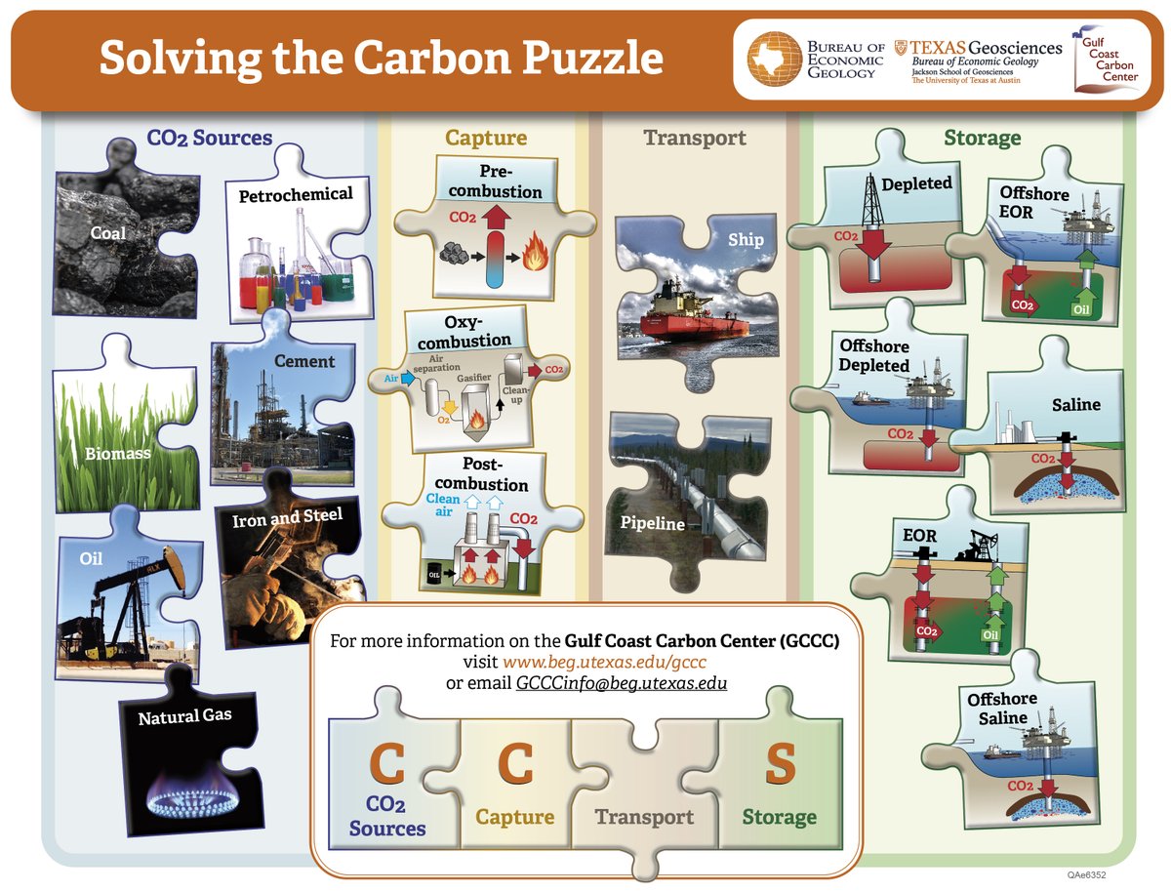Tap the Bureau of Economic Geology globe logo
(x=776, y=60)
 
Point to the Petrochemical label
(x=296, y=194)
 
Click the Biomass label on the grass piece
(x=116, y=453)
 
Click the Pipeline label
(x=653, y=523)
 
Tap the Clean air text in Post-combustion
(x=443, y=505)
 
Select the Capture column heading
(x=486, y=138)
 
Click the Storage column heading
(x=982, y=138)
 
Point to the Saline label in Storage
(x=1075, y=404)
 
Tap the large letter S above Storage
(x=780, y=765)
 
